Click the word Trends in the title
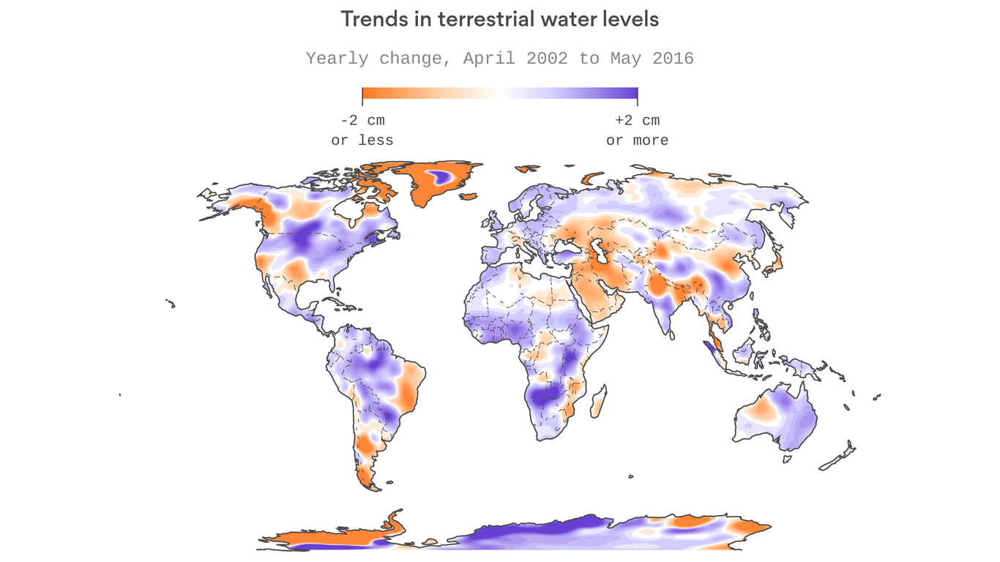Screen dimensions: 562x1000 368,20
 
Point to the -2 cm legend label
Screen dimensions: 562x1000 362,121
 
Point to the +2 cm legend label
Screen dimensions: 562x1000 637,121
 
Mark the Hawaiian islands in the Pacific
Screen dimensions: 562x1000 171,302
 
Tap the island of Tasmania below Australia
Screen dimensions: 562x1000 787,459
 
